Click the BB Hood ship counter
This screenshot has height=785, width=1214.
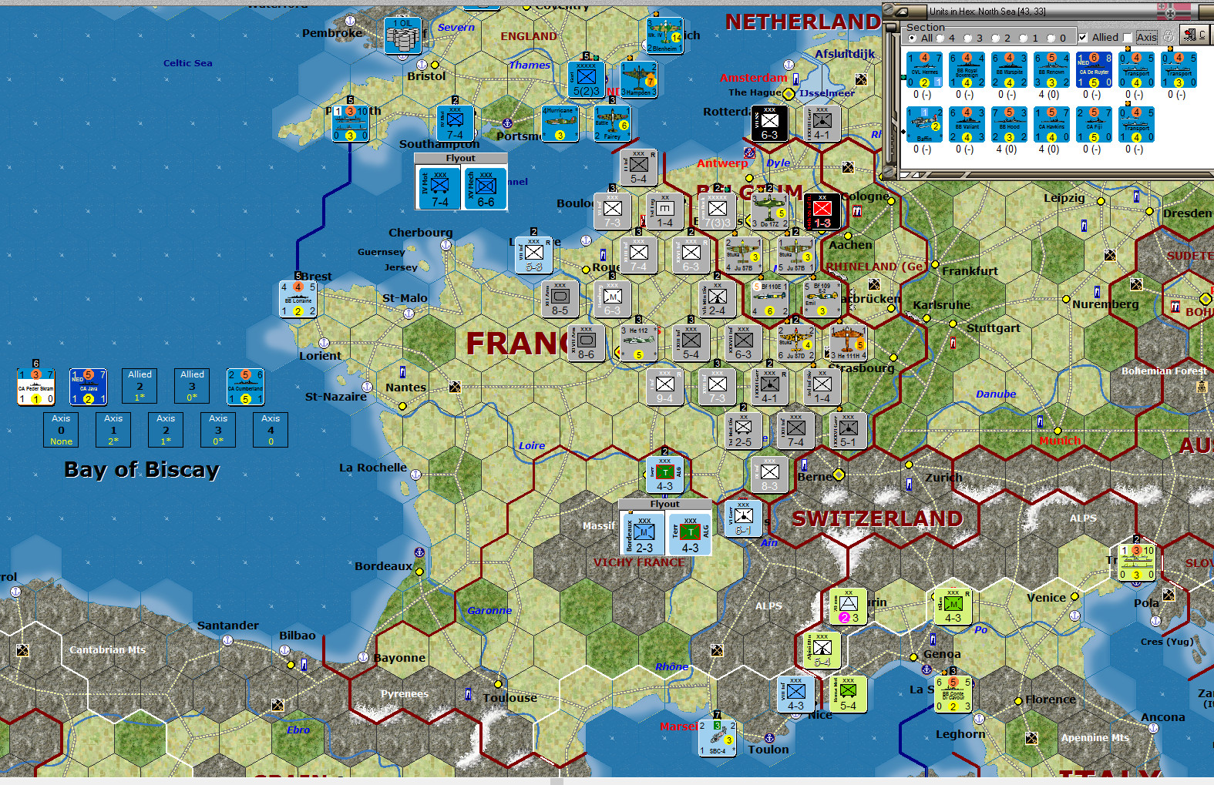coord(1009,125)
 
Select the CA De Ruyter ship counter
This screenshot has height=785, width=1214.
coord(1094,70)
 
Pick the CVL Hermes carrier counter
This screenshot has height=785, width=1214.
coord(924,70)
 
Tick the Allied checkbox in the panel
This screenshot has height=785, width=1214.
coord(1083,37)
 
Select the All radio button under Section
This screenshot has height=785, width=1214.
coord(913,38)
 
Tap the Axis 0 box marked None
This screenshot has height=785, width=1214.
coord(61,430)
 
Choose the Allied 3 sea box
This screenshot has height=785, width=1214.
coord(192,385)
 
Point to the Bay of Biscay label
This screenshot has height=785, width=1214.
coord(142,469)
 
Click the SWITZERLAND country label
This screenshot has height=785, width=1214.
coord(877,518)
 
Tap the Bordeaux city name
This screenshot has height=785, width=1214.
coord(384,566)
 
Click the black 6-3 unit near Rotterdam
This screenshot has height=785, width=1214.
coord(769,123)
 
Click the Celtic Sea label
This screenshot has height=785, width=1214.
coord(187,63)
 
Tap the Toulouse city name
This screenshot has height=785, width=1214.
coord(509,698)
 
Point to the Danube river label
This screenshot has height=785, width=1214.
coord(996,394)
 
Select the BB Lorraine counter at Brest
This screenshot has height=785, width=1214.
coord(298,299)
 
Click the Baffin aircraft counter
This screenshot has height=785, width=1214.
coord(924,125)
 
